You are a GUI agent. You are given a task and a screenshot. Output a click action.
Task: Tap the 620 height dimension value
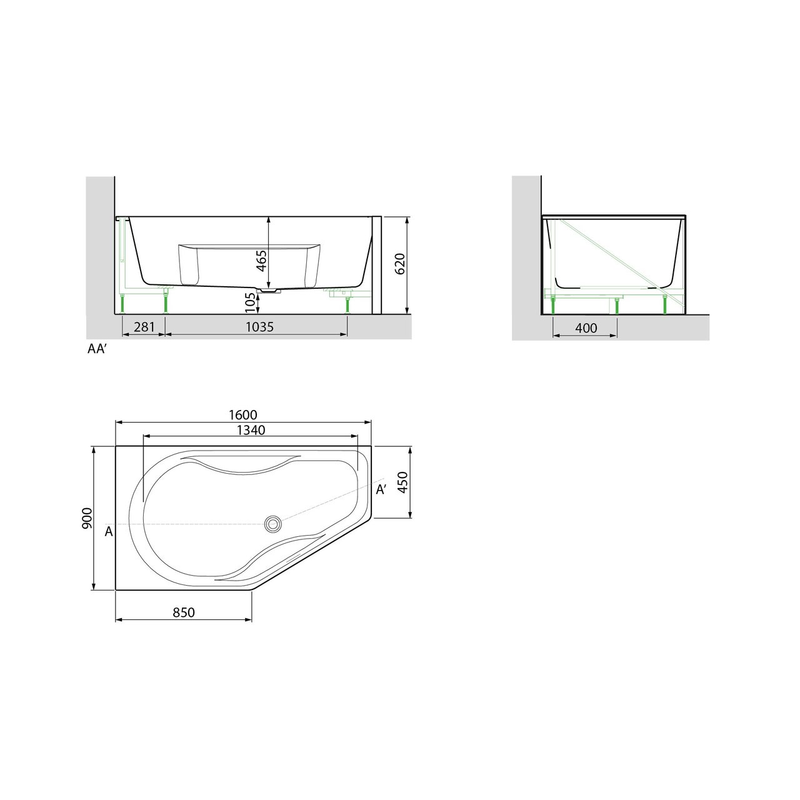pos(400,264)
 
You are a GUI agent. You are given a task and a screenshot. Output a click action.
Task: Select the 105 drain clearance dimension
pos(250,302)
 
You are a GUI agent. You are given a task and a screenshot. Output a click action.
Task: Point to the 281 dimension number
pos(144,327)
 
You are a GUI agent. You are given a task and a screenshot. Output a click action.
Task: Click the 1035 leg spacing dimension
pos(259,327)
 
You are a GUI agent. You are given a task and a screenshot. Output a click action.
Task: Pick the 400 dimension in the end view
pos(586,328)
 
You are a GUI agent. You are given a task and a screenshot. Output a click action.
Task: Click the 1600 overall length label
pos(243,415)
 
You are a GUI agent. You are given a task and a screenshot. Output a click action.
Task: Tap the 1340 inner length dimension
pos(251,429)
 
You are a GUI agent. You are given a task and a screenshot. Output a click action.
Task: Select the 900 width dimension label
pos(87,517)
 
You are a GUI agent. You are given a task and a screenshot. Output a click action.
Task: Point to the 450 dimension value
pos(402,482)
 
